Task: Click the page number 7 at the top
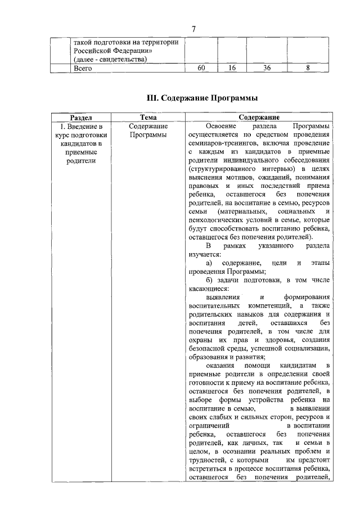(194, 29)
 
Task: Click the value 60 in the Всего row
(201, 68)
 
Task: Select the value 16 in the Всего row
(232, 68)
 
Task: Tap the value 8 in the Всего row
(308, 68)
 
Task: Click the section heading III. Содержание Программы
(195, 98)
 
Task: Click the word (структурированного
(223, 168)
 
